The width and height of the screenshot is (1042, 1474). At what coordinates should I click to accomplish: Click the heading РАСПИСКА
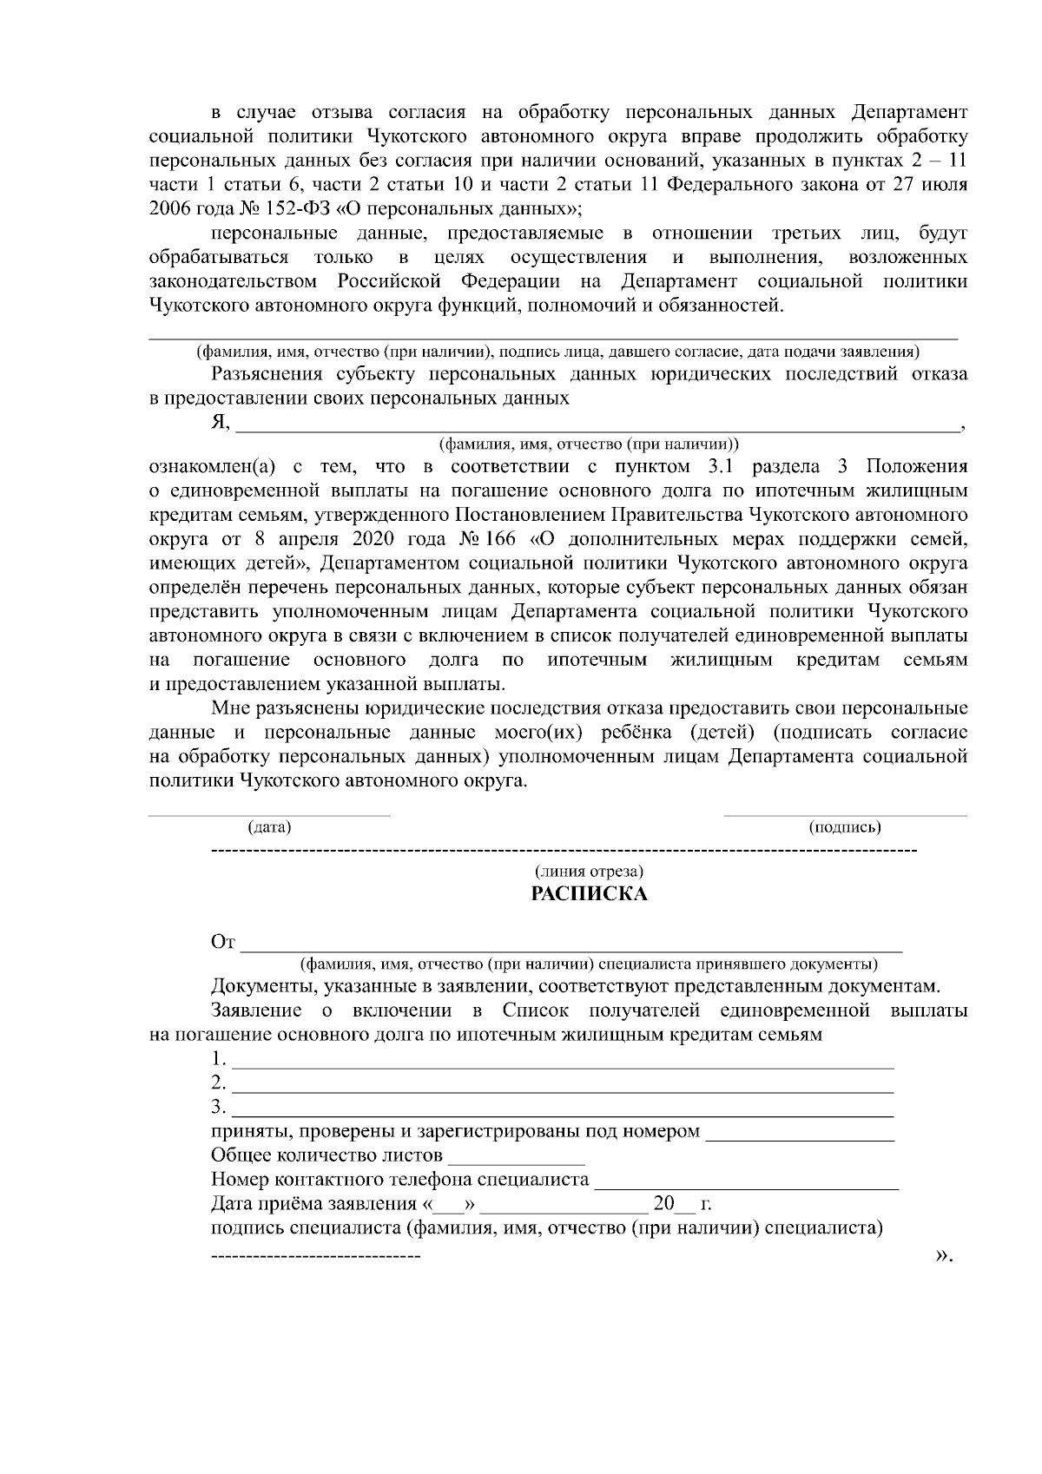point(589,894)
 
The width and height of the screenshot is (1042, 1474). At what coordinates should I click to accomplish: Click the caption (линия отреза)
point(589,871)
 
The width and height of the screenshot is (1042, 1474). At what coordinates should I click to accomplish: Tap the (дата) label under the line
point(269,827)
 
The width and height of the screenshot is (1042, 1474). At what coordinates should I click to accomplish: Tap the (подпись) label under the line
point(845,827)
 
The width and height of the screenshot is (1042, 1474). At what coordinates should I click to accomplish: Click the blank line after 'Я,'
point(597,425)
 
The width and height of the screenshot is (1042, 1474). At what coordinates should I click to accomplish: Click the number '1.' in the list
point(218,1060)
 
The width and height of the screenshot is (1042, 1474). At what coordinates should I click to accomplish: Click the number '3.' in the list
point(218,1107)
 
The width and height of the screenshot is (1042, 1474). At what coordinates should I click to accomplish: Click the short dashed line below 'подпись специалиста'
point(315,1256)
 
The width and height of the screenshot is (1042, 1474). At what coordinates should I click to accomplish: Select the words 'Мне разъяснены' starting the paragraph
point(271,708)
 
